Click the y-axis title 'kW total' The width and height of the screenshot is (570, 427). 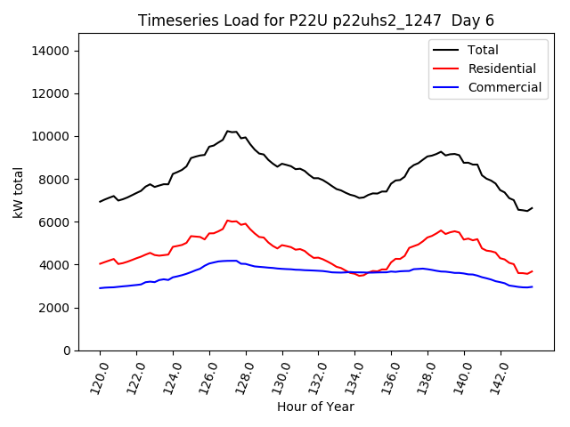pyautogui.click(x=19, y=192)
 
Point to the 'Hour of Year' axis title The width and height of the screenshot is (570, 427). pyautogui.click(x=315, y=407)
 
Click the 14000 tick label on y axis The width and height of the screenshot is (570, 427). pyautogui.click(x=51, y=51)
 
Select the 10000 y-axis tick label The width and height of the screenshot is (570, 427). pyautogui.click(x=51, y=136)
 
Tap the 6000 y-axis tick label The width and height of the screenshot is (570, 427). pyautogui.click(x=53, y=222)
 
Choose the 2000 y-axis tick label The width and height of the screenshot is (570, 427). pyautogui.click(x=53, y=308)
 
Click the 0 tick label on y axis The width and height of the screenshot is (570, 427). pyautogui.click(x=67, y=350)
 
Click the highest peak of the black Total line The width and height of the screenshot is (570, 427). pyautogui.click(x=227, y=131)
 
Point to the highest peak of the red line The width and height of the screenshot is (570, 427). pyautogui.click(x=227, y=220)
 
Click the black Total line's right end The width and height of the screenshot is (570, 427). pyautogui.click(x=532, y=207)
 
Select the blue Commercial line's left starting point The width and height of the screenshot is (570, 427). pyautogui.click(x=100, y=288)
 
